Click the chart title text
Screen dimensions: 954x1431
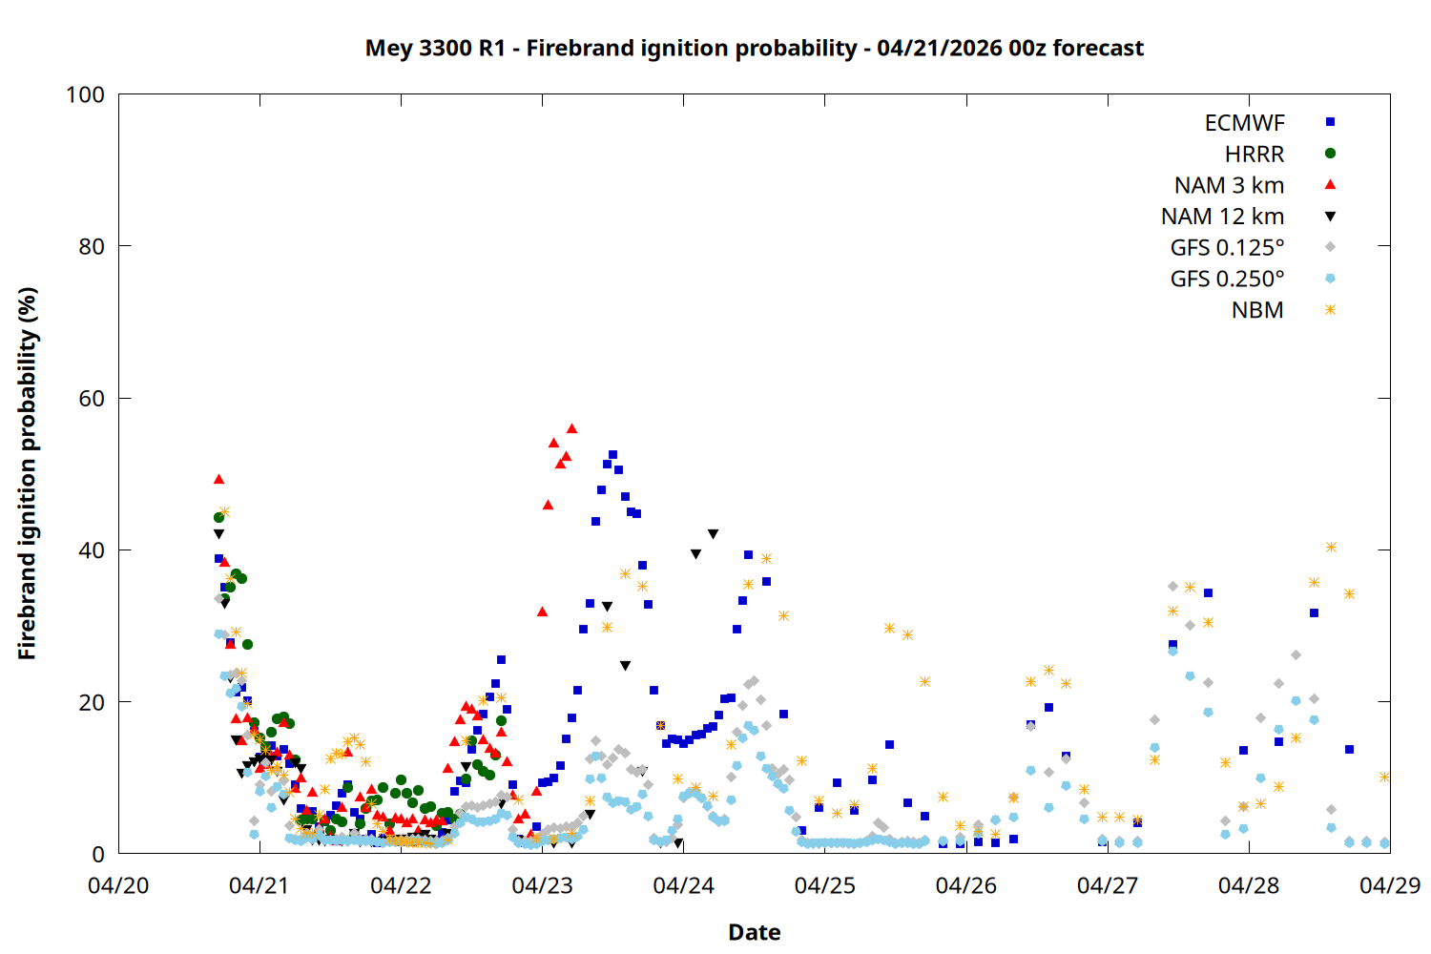754,48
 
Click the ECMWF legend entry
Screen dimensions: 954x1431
1244,123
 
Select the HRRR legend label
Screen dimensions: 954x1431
1254,155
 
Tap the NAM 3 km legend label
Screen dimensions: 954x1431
1229,185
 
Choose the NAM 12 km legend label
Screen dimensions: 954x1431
1222,217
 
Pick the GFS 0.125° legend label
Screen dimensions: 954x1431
1227,248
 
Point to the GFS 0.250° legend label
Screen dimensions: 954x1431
1227,280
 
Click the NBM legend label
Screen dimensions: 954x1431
1257,311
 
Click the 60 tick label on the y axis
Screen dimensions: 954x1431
92,399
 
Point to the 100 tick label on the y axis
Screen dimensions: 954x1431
85,94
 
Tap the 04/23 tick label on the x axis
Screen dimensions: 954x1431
542,885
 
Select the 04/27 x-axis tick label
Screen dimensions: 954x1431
1107,885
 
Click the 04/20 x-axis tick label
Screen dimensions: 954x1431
118,885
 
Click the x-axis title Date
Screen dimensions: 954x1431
754,932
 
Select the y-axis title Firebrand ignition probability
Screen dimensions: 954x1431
27,473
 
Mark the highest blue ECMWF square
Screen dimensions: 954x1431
612,455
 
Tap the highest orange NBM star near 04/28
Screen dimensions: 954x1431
1331,548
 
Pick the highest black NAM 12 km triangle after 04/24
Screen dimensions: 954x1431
713,534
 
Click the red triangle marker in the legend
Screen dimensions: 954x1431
1330,185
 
